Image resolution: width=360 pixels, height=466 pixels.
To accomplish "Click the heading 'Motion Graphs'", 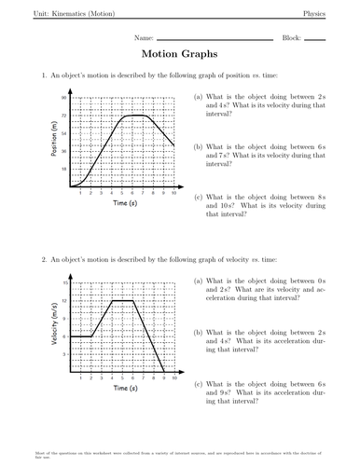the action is pos(180,54).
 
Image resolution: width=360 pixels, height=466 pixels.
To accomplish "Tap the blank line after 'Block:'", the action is pos(314,41).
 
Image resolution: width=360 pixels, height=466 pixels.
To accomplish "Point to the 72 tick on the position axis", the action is pos(64,115).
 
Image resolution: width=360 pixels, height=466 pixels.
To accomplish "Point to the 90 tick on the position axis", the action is pos(64,97).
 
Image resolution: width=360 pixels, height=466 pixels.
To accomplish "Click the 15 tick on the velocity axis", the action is pos(65,281).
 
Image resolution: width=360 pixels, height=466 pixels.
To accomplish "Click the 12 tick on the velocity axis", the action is pos(65,300).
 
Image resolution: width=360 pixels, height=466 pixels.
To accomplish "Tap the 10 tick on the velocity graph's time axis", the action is pos(175,377).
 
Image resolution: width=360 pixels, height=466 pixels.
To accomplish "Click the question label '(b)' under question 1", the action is pos(199,146).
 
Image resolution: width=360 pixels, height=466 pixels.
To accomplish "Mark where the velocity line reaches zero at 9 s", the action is pos(165,371).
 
